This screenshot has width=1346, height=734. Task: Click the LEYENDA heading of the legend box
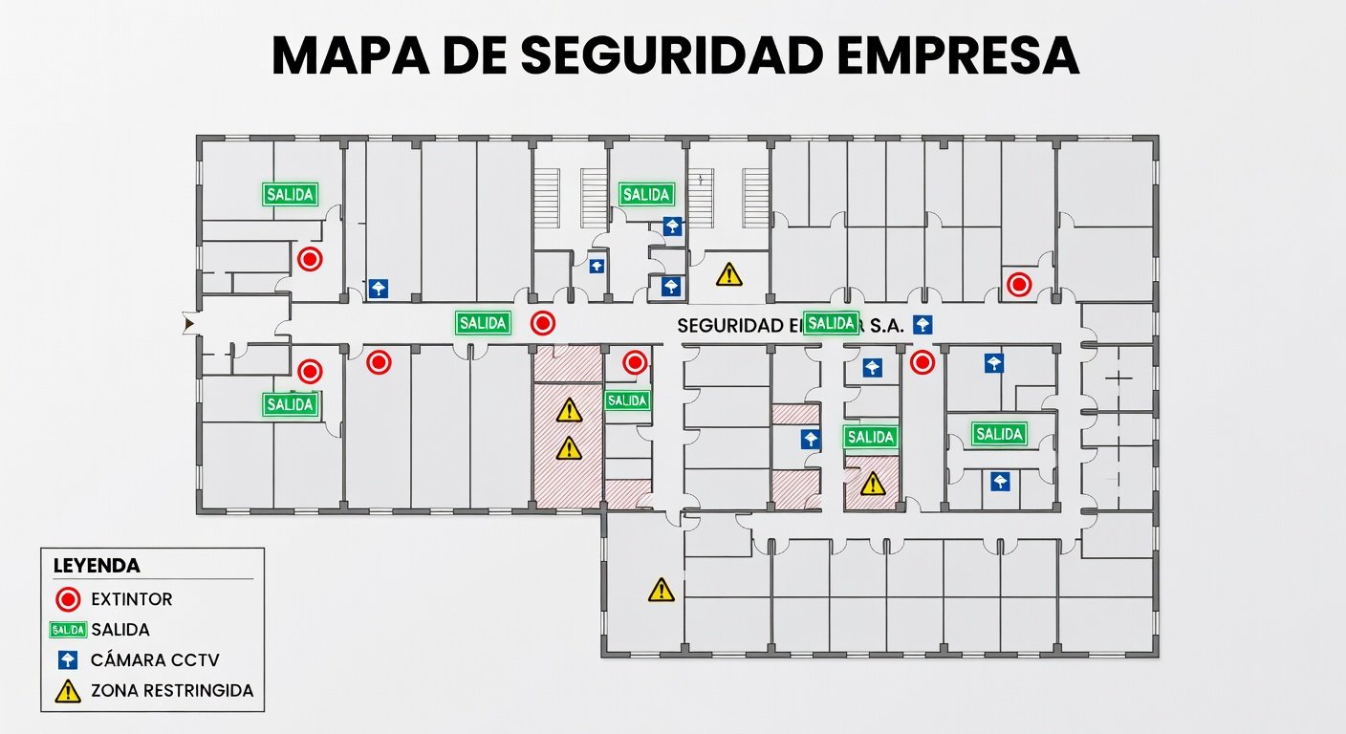pos(97,566)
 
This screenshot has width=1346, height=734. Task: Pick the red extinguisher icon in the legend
pos(68,600)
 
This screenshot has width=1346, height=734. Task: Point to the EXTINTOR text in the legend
pos(132,600)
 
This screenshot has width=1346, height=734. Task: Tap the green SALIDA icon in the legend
pos(68,630)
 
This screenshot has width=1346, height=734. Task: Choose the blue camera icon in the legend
pos(68,659)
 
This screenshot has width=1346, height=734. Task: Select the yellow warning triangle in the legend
pos(68,691)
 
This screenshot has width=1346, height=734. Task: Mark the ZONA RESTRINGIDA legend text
pos(172,690)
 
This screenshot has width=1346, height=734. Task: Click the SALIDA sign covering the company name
pos(831,323)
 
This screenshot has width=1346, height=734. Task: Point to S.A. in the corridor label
pos(886,326)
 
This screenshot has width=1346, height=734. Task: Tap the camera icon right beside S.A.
pos(922,324)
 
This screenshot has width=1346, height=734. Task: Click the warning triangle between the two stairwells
pos(729,274)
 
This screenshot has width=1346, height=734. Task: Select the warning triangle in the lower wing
pos(661,591)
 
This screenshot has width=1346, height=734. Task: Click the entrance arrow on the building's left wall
pos(189,325)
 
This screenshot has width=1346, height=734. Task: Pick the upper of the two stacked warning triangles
pos(569,410)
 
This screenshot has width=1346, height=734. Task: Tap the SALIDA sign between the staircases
pos(647,194)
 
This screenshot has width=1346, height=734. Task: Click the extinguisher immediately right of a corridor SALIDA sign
pos(543,323)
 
